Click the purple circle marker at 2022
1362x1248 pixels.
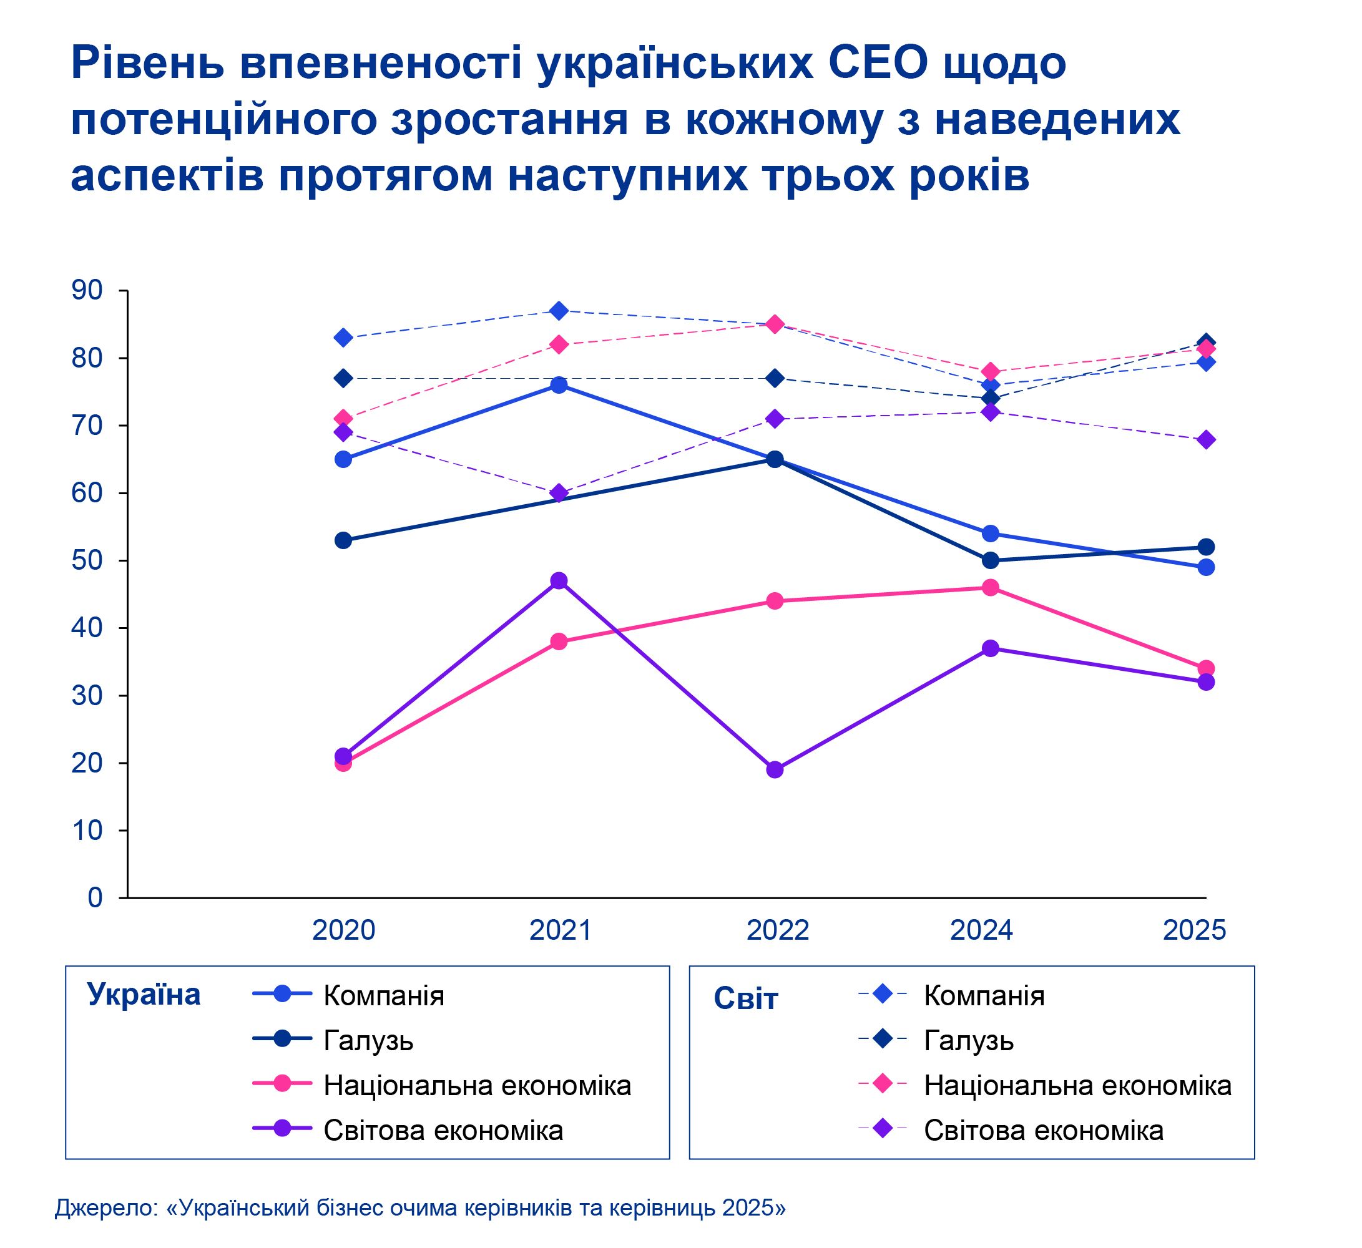click(x=775, y=770)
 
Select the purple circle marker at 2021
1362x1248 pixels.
click(x=559, y=581)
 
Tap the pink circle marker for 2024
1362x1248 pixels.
click(x=991, y=588)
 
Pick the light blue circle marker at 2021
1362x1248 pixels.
click(x=559, y=385)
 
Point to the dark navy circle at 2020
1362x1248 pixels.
click(x=343, y=540)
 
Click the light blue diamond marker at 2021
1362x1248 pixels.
click(x=559, y=311)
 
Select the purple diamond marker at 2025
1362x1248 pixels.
click(x=1206, y=440)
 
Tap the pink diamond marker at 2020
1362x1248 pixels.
click(x=343, y=419)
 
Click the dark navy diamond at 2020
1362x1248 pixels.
click(x=343, y=378)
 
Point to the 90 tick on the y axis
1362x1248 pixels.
click(x=87, y=290)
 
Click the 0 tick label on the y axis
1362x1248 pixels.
click(x=95, y=897)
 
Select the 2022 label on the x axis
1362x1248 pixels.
click(x=778, y=930)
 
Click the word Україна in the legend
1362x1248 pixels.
click(x=144, y=995)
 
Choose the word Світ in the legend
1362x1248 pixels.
click(x=746, y=999)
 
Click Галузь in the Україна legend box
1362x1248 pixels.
click(x=368, y=1040)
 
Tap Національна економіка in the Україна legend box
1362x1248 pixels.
click(x=477, y=1085)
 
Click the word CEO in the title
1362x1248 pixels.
click(x=879, y=64)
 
